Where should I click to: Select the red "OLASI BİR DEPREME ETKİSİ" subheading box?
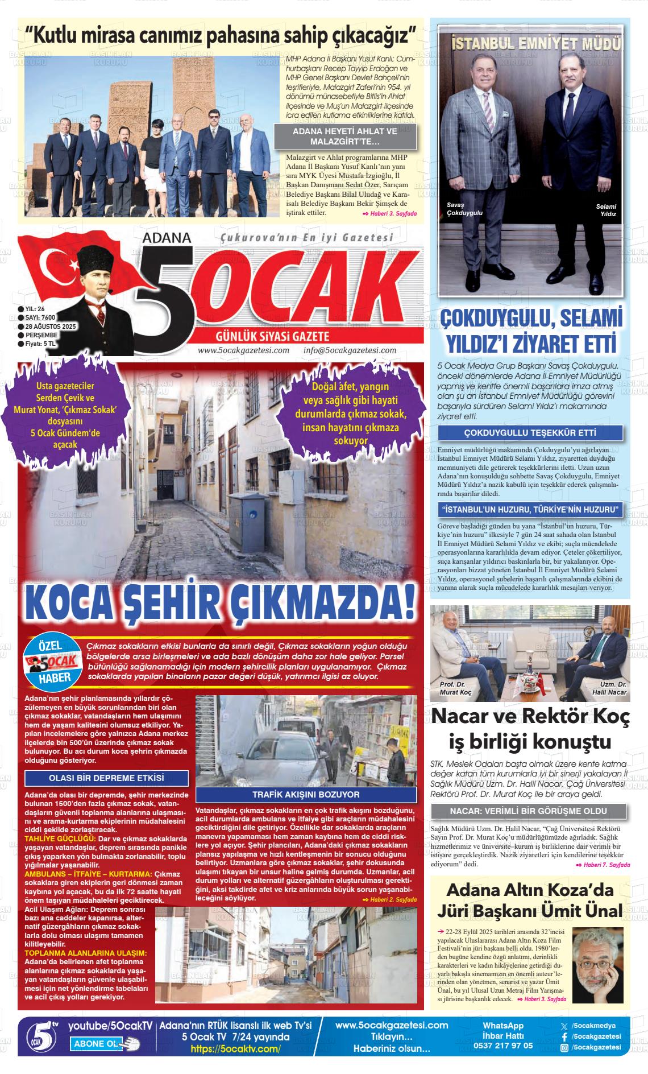point(106,778)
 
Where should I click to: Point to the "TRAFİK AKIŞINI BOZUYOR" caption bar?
point(306,795)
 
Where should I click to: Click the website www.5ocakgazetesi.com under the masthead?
point(243,350)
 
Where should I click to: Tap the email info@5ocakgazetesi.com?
point(350,350)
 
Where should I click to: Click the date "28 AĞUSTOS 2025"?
point(51,327)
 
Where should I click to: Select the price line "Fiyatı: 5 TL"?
point(40,344)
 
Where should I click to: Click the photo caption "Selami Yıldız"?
point(606,210)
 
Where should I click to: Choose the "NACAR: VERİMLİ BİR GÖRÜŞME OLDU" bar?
point(528,811)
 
